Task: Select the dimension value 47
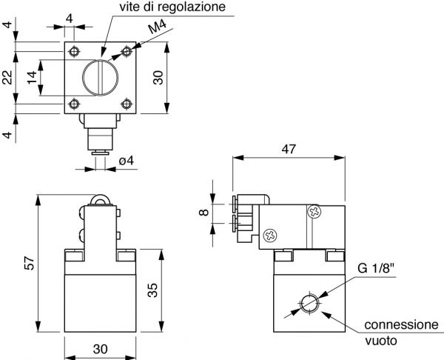(289, 148)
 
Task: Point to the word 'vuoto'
(382, 341)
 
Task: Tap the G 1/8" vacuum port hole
(309, 304)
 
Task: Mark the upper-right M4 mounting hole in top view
(127, 51)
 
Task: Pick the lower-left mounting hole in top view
(74, 104)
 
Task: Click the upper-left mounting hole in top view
(74, 51)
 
